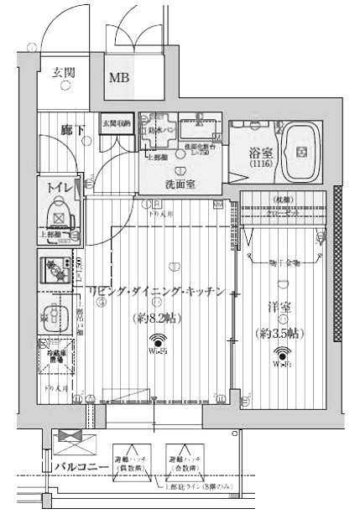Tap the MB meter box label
tap(119, 78)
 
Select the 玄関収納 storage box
tap(116, 125)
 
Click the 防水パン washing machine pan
tap(156, 130)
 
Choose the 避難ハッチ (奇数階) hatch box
tap(186, 459)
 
